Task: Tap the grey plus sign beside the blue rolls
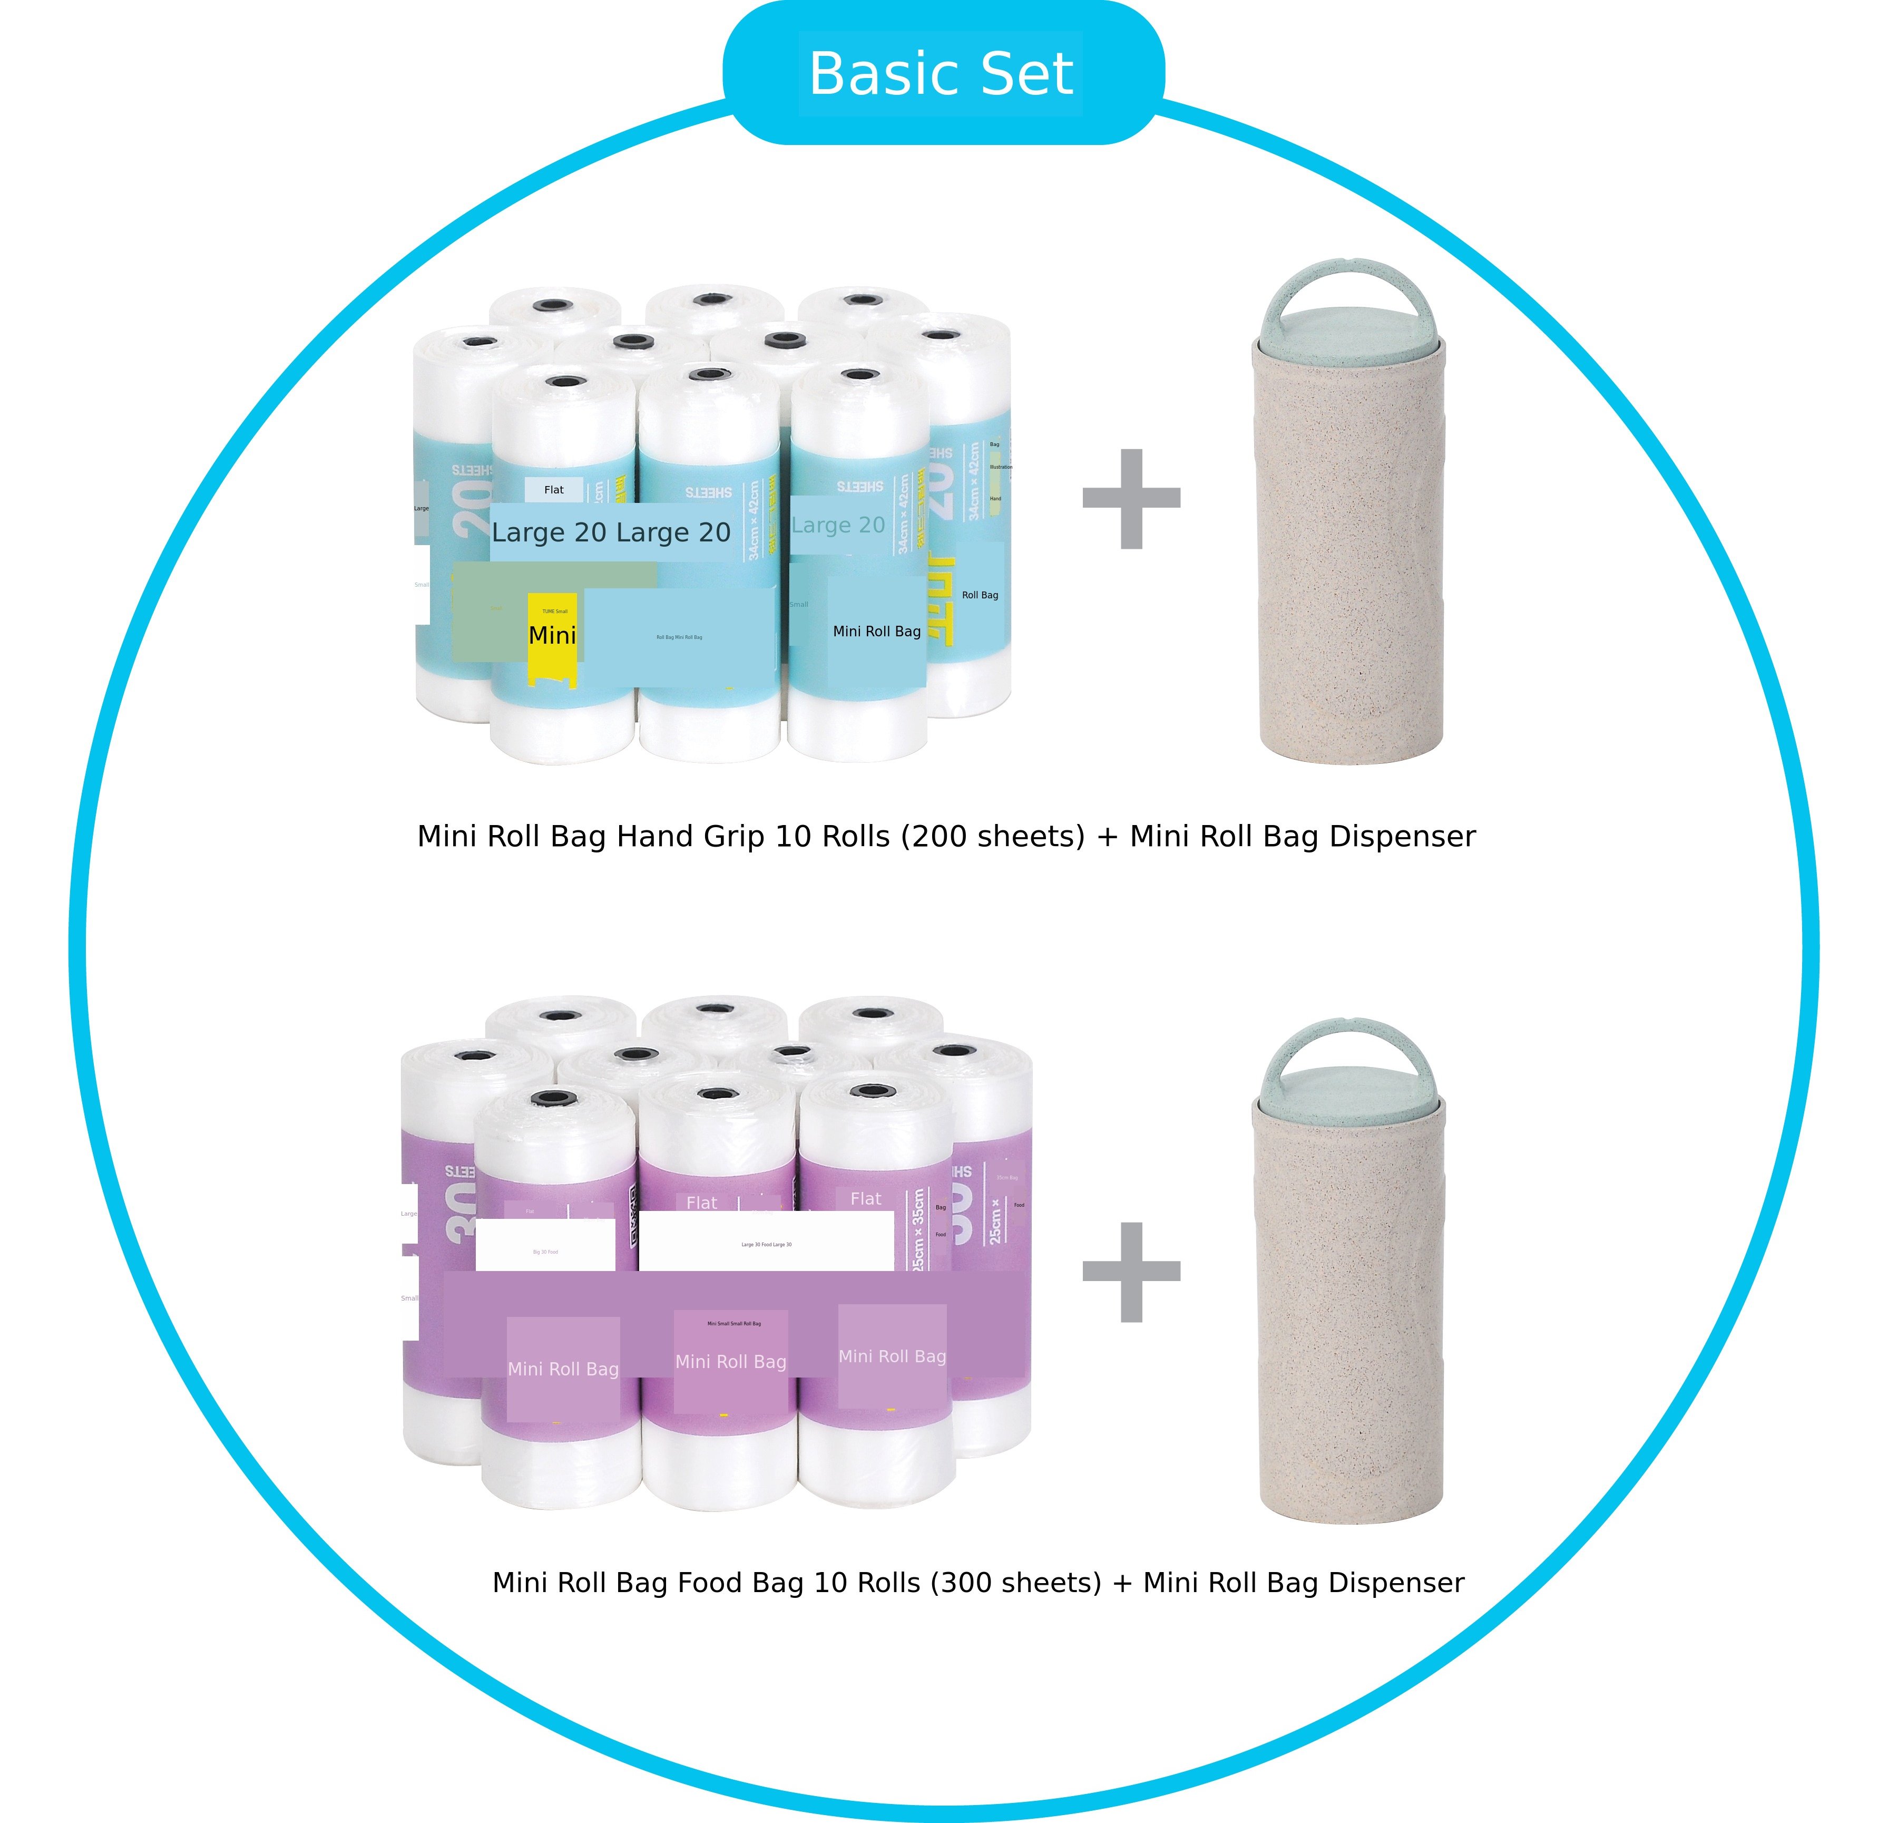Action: pyautogui.click(x=1131, y=498)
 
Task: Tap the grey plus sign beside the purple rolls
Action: pyautogui.click(x=1131, y=1272)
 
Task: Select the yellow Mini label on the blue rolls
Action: pyautogui.click(x=552, y=636)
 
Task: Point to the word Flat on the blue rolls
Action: pyautogui.click(x=554, y=489)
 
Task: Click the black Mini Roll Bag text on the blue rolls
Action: pyautogui.click(x=877, y=631)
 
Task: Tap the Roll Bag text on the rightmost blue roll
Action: pyautogui.click(x=980, y=595)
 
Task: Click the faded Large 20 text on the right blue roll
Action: pyautogui.click(x=838, y=525)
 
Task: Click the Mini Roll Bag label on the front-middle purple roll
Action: pyautogui.click(x=730, y=1362)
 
